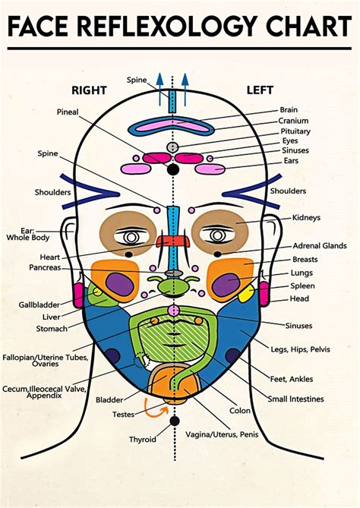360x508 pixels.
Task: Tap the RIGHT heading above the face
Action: (90, 90)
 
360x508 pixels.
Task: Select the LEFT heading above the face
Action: (260, 90)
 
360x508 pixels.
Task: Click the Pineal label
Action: (68, 112)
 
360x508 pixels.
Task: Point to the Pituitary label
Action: (295, 131)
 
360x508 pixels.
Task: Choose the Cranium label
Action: (293, 120)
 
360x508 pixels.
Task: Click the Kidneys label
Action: (306, 217)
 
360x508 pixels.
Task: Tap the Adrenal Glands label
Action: (320, 245)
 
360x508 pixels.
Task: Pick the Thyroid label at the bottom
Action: (142, 439)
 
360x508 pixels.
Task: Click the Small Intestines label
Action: (295, 398)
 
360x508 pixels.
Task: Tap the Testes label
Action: (124, 415)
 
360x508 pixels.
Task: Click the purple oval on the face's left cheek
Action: (226, 285)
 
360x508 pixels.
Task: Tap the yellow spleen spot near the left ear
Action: (245, 292)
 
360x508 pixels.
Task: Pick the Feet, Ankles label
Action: (292, 378)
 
